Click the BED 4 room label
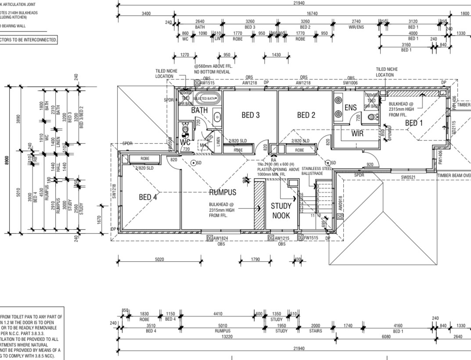click(148, 197)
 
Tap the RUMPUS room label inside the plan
click(223, 192)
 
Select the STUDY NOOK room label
click(281, 210)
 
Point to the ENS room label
click(351, 108)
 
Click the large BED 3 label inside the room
click(251, 115)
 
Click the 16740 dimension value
click(313, 14)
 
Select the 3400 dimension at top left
click(146, 14)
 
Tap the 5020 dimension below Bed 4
click(159, 259)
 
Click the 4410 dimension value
click(218, 314)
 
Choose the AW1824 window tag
click(222, 238)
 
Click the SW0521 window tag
click(408, 177)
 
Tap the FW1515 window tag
click(311, 238)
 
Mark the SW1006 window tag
click(351, 83)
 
